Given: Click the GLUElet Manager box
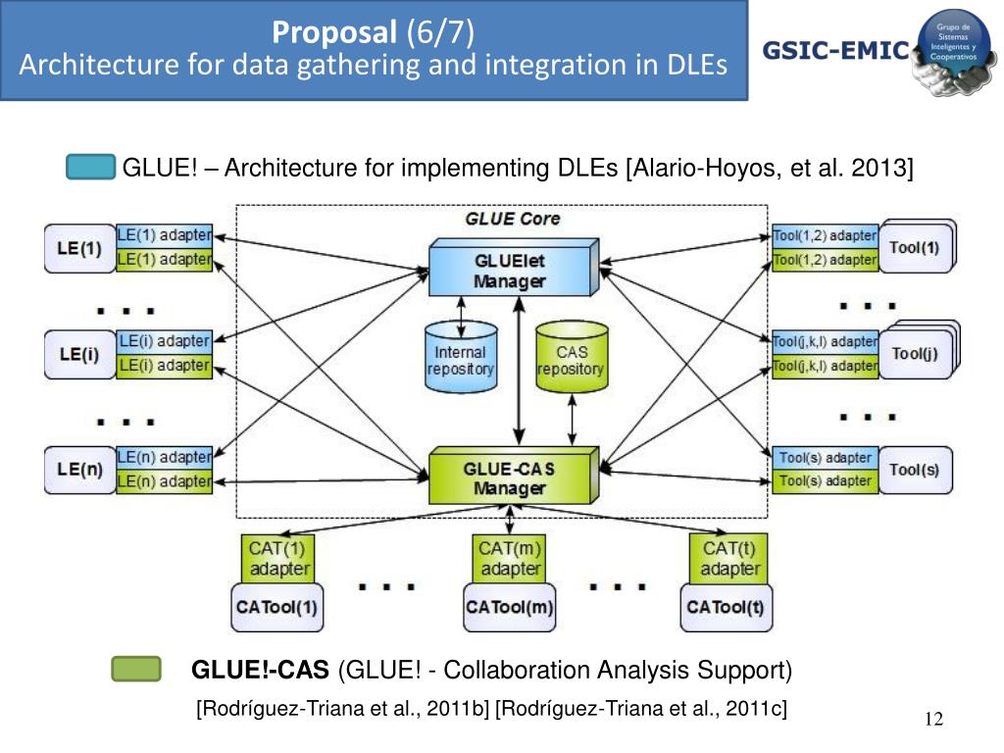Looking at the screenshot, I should pyautogui.click(x=510, y=270).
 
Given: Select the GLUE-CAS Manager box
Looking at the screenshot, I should pyautogui.click(x=510, y=477).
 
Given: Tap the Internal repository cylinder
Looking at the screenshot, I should pyautogui.click(x=460, y=357).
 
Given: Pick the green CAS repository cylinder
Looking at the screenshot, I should pyautogui.click(x=571, y=357).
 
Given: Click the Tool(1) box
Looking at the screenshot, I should pyautogui.click(x=914, y=247).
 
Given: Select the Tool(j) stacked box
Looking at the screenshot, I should pyautogui.click(x=914, y=354).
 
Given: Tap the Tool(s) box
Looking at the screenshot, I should pyautogui.click(x=914, y=470).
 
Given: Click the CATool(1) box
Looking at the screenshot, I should pyautogui.click(x=276, y=607).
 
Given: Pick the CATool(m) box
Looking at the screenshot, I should pyautogui.click(x=510, y=607).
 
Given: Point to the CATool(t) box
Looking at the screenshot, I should pyautogui.click(x=725, y=607).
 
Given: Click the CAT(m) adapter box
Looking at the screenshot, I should pyautogui.click(x=510, y=558).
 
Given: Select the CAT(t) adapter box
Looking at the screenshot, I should pyautogui.click(x=729, y=558).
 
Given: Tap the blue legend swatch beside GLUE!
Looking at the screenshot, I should pyautogui.click(x=91, y=168).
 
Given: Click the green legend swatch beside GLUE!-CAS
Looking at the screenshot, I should pyautogui.click(x=135, y=671).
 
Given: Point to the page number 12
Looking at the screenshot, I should pyautogui.click(x=933, y=721).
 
